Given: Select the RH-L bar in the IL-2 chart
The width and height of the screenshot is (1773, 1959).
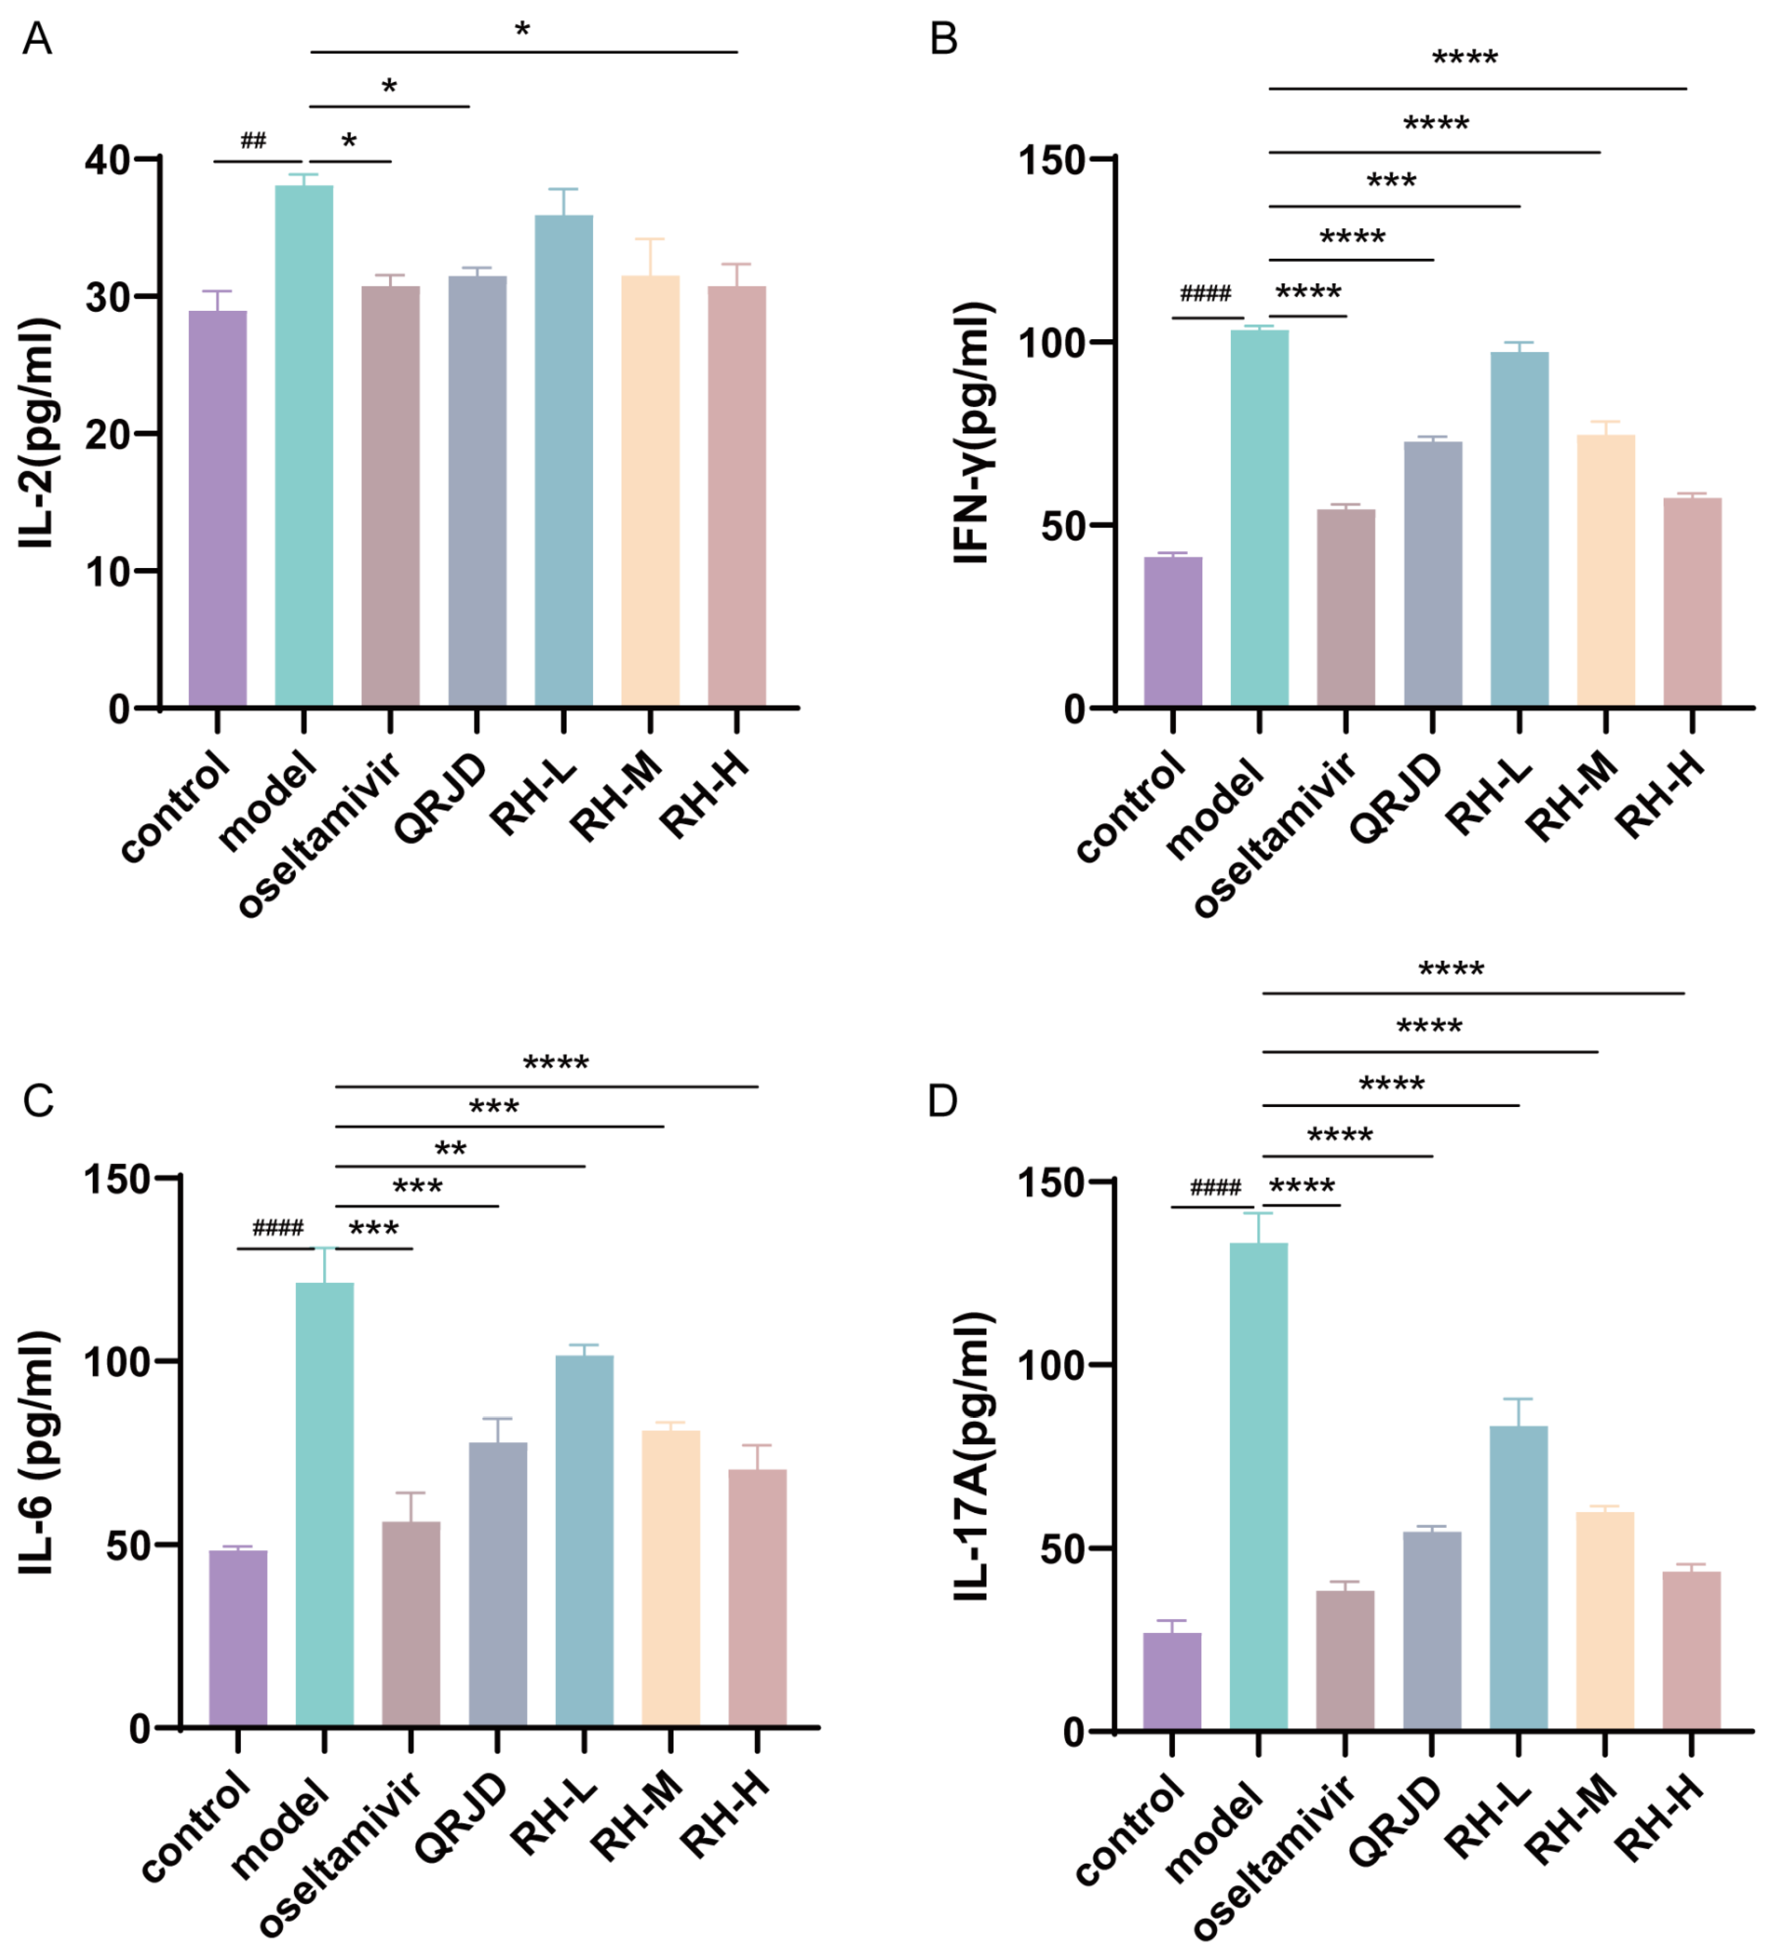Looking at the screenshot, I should click(563, 462).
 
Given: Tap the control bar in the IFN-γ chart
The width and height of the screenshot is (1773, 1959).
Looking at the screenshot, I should click(1172, 631).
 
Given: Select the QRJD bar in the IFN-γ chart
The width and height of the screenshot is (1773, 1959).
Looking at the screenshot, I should click(1433, 573).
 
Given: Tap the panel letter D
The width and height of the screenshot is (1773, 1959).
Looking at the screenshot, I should click(943, 1101).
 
